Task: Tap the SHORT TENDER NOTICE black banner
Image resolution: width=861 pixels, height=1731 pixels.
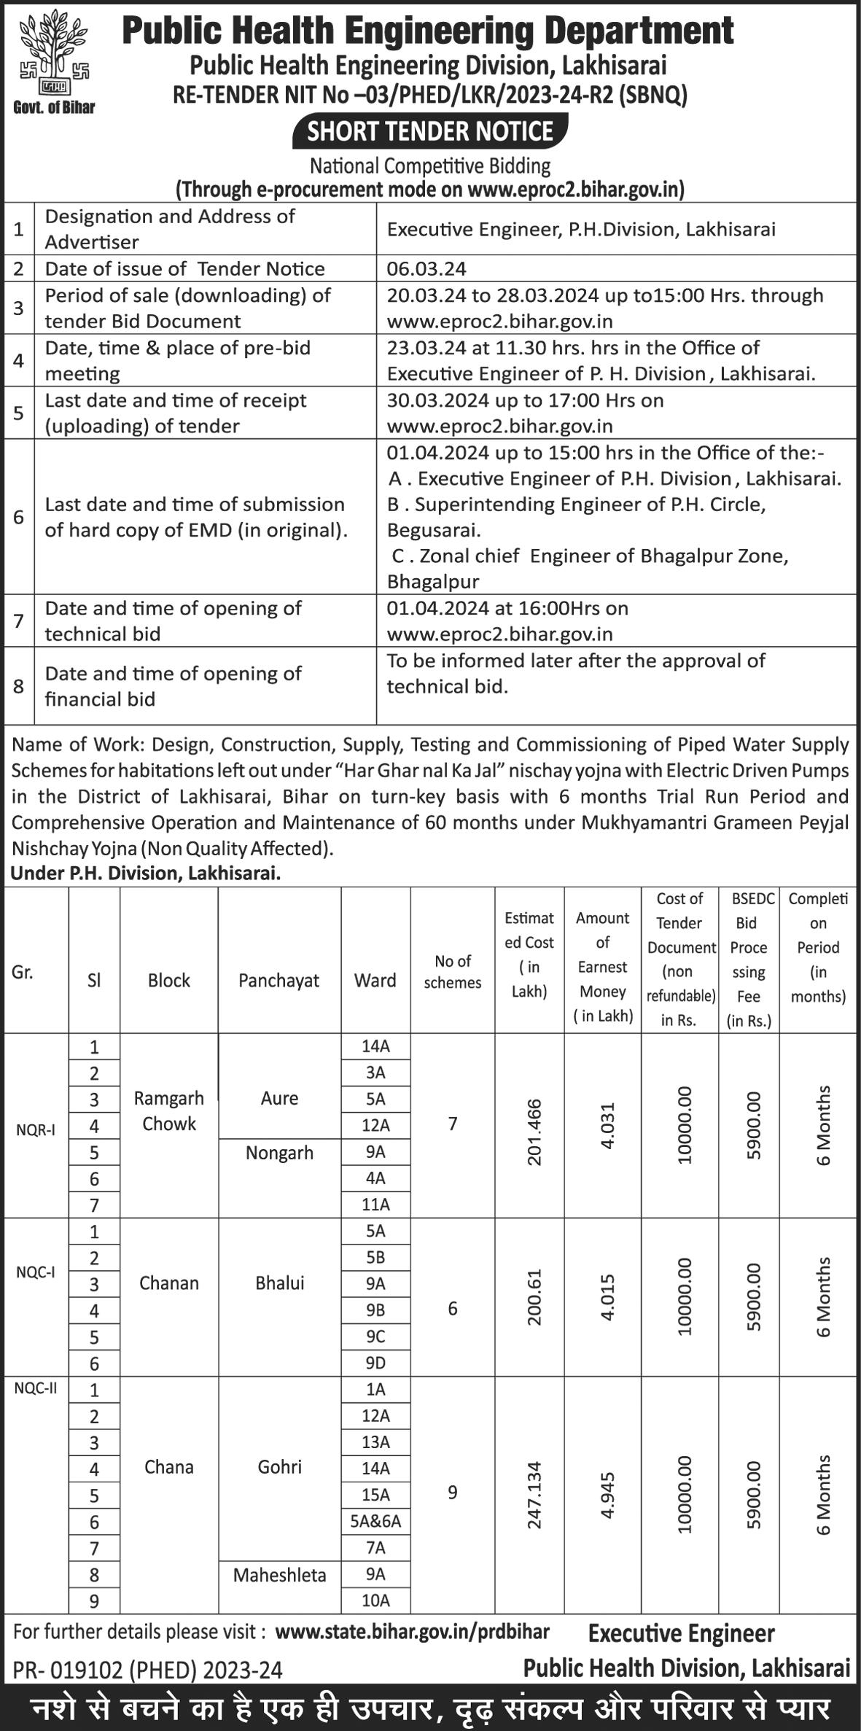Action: pos(430,131)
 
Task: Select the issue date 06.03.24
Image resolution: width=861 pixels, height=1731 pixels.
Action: pos(426,268)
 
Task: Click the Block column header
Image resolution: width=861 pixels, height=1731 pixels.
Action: pos(168,980)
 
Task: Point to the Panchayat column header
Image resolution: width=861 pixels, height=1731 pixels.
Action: pos(278,980)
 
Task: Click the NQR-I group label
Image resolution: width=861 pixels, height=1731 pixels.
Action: pos(36,1130)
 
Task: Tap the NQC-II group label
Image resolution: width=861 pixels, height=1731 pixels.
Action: pos(36,1388)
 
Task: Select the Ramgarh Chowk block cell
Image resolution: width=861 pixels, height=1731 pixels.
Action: pos(168,1110)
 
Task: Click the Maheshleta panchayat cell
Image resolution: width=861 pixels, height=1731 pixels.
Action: pos(279,1575)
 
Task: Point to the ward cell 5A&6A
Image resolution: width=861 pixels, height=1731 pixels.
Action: pos(375,1522)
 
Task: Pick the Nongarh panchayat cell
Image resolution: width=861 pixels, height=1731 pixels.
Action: pos(279,1153)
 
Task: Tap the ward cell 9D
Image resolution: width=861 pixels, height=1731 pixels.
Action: pos(375,1363)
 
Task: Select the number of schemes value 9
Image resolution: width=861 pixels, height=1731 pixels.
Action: pos(452,1492)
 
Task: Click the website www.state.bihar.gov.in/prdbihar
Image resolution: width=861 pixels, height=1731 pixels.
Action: pos(413,1630)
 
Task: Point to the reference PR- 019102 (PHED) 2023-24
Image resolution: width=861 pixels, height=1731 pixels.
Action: pos(147,1669)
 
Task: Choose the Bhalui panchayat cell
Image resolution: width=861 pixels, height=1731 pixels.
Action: pos(279,1283)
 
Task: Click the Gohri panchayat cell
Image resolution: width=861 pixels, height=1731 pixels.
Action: pos(279,1466)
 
